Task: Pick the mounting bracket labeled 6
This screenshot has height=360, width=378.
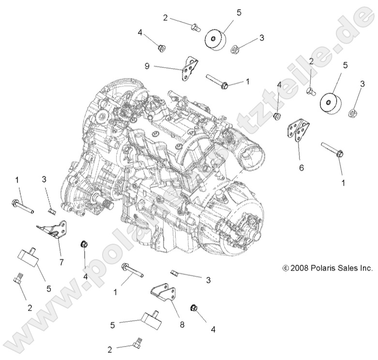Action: click(x=296, y=131)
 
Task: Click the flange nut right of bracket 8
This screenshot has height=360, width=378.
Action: click(x=195, y=308)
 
